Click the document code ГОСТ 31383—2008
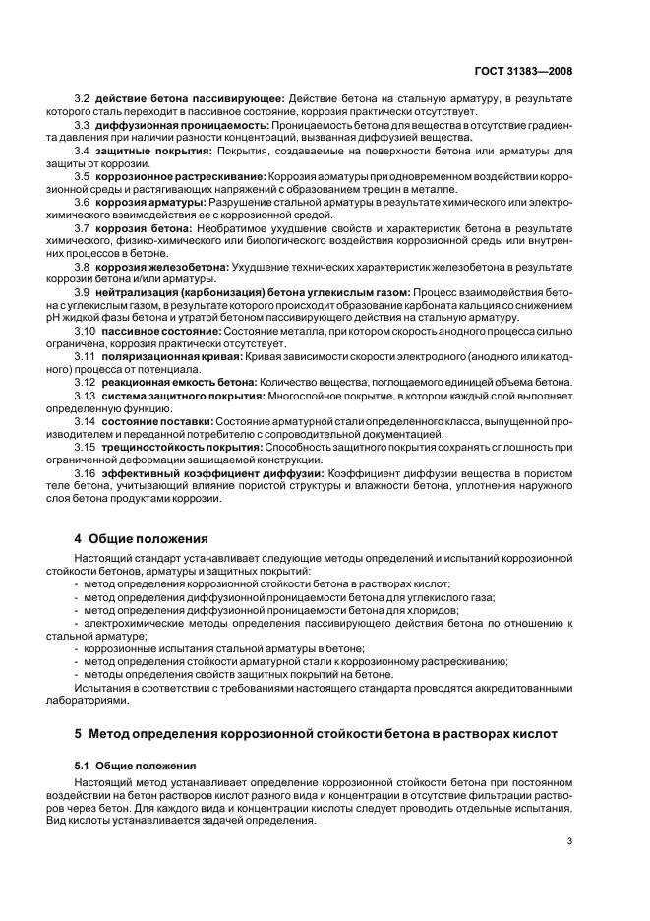coord(520,72)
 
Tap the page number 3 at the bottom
coord(569,841)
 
